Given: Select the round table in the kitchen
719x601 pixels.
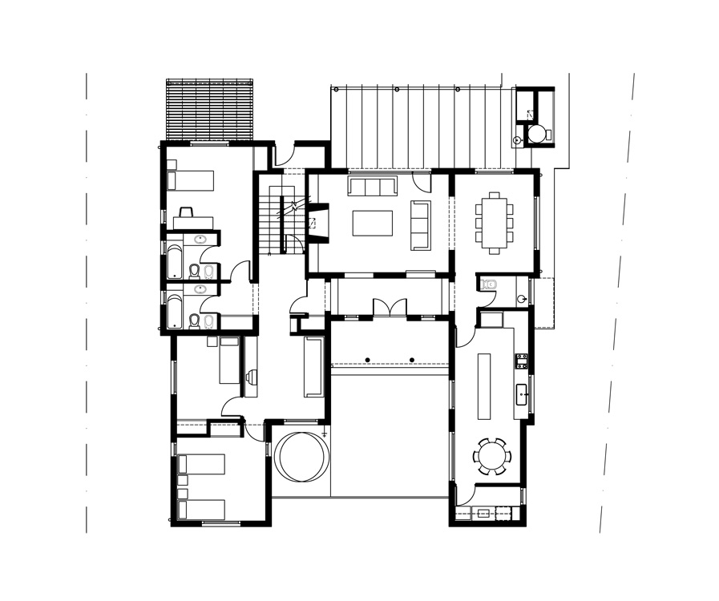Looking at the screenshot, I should click(x=491, y=457).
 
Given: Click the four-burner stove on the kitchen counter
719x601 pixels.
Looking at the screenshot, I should click(x=521, y=361).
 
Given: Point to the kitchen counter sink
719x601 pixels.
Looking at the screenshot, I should click(x=522, y=393).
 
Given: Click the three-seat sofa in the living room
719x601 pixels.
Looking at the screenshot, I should click(x=372, y=187).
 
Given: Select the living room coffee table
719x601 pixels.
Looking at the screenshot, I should click(x=372, y=223).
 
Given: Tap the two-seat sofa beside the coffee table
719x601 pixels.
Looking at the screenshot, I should click(x=420, y=224).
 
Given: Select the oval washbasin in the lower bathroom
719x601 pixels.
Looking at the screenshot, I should click(x=200, y=288).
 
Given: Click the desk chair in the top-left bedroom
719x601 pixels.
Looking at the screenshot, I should click(x=186, y=212).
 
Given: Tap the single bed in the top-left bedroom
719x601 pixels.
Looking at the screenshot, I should click(x=191, y=180).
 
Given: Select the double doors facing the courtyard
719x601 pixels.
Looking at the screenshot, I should click(x=389, y=309).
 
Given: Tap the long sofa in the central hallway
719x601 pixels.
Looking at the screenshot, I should click(x=313, y=366).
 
